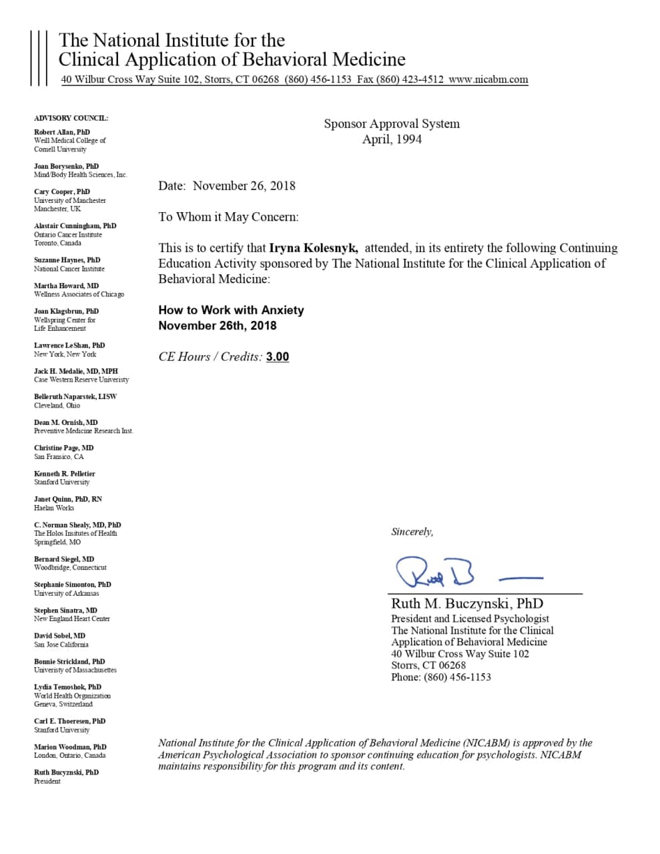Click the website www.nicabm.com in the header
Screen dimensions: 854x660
point(488,79)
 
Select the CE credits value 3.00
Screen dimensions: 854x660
point(278,357)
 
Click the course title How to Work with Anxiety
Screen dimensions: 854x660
point(231,310)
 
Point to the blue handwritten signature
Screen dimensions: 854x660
point(436,572)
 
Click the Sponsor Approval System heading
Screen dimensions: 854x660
point(392,123)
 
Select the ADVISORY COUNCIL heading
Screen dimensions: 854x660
point(71,118)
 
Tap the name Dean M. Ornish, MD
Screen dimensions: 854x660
point(66,422)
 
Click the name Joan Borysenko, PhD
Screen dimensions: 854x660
point(66,166)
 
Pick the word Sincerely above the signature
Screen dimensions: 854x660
point(412,532)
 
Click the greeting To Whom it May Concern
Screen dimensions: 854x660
point(228,217)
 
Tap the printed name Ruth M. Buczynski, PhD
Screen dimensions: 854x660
point(466,604)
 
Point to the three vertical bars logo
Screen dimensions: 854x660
point(39,58)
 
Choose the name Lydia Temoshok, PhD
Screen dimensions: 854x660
point(67,687)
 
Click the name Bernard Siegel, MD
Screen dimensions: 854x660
point(64,559)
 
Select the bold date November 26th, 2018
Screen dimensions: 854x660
point(217,326)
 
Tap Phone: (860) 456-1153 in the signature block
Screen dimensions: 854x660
point(440,677)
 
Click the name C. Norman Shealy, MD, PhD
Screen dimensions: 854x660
point(77,525)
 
